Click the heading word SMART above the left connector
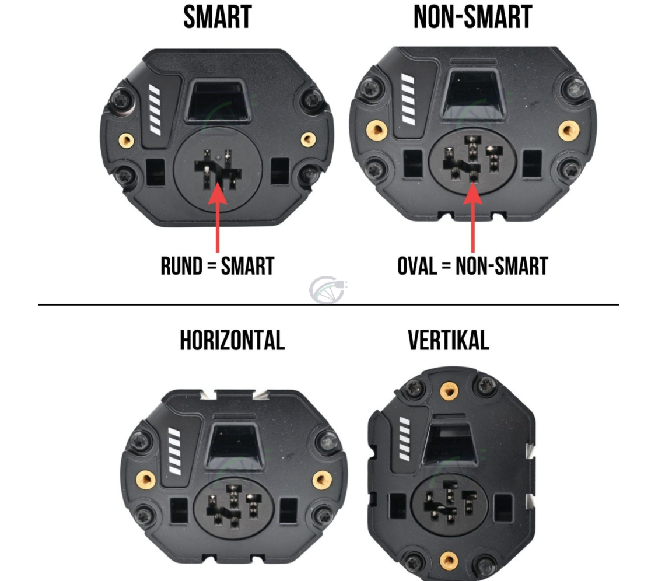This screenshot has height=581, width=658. [x=218, y=17]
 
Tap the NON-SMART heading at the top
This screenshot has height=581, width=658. [x=473, y=17]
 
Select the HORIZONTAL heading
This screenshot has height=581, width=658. [x=233, y=340]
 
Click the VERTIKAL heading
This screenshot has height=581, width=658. [x=449, y=340]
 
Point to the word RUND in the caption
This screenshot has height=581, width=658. [x=181, y=266]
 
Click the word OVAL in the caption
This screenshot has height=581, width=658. [x=417, y=266]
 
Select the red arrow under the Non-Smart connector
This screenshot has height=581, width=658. [x=473, y=218]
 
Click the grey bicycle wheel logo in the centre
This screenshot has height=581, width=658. [x=327, y=289]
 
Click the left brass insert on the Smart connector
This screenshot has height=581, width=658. [x=127, y=140]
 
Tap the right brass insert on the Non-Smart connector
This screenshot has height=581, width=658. [x=569, y=130]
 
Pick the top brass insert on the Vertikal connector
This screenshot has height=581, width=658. [x=449, y=391]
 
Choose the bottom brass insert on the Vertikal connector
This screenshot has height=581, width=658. [x=449, y=560]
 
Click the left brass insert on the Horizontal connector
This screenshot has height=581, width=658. [x=146, y=479]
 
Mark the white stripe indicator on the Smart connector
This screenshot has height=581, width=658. [x=155, y=110]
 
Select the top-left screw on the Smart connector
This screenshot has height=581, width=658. [x=120, y=100]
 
